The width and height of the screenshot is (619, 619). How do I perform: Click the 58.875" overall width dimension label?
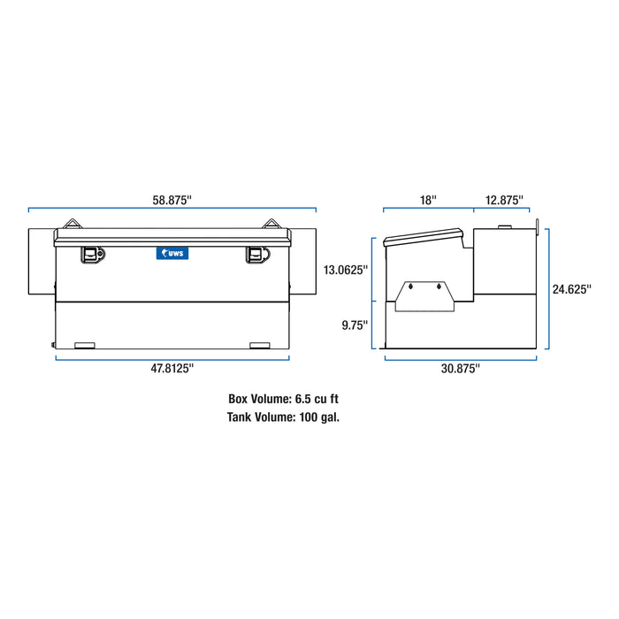click(172, 200)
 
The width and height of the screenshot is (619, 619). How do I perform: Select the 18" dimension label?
click(428, 200)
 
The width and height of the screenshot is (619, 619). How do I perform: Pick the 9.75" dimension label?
click(355, 325)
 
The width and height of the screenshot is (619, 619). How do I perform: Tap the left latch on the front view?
click(92, 254)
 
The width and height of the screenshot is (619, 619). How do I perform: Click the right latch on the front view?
click(256, 254)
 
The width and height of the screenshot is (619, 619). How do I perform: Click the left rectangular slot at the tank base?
click(86, 345)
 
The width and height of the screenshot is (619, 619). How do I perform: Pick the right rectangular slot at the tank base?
click(260, 345)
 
